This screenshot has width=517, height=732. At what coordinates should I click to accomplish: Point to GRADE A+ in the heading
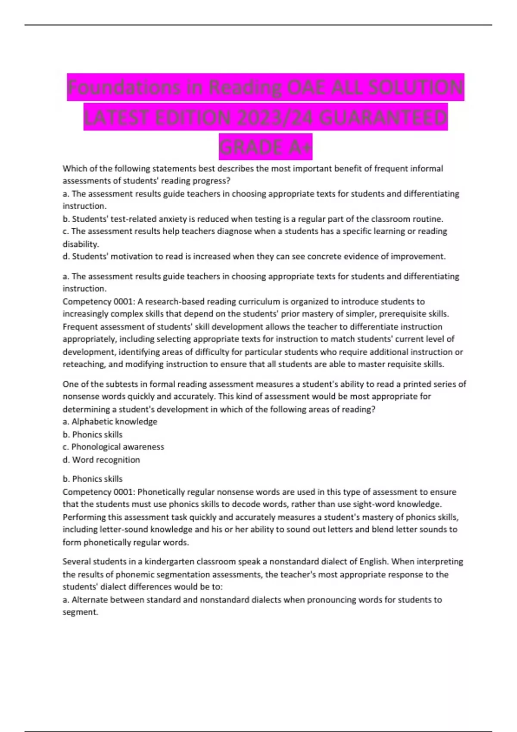[265, 147]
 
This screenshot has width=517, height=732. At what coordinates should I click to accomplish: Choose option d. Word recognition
[101, 459]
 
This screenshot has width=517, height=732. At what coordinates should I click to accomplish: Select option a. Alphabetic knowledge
[110, 422]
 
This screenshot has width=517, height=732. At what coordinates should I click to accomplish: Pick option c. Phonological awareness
[113, 447]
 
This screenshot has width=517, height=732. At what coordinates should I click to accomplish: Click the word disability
[81, 244]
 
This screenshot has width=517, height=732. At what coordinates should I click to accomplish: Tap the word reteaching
[83, 364]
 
